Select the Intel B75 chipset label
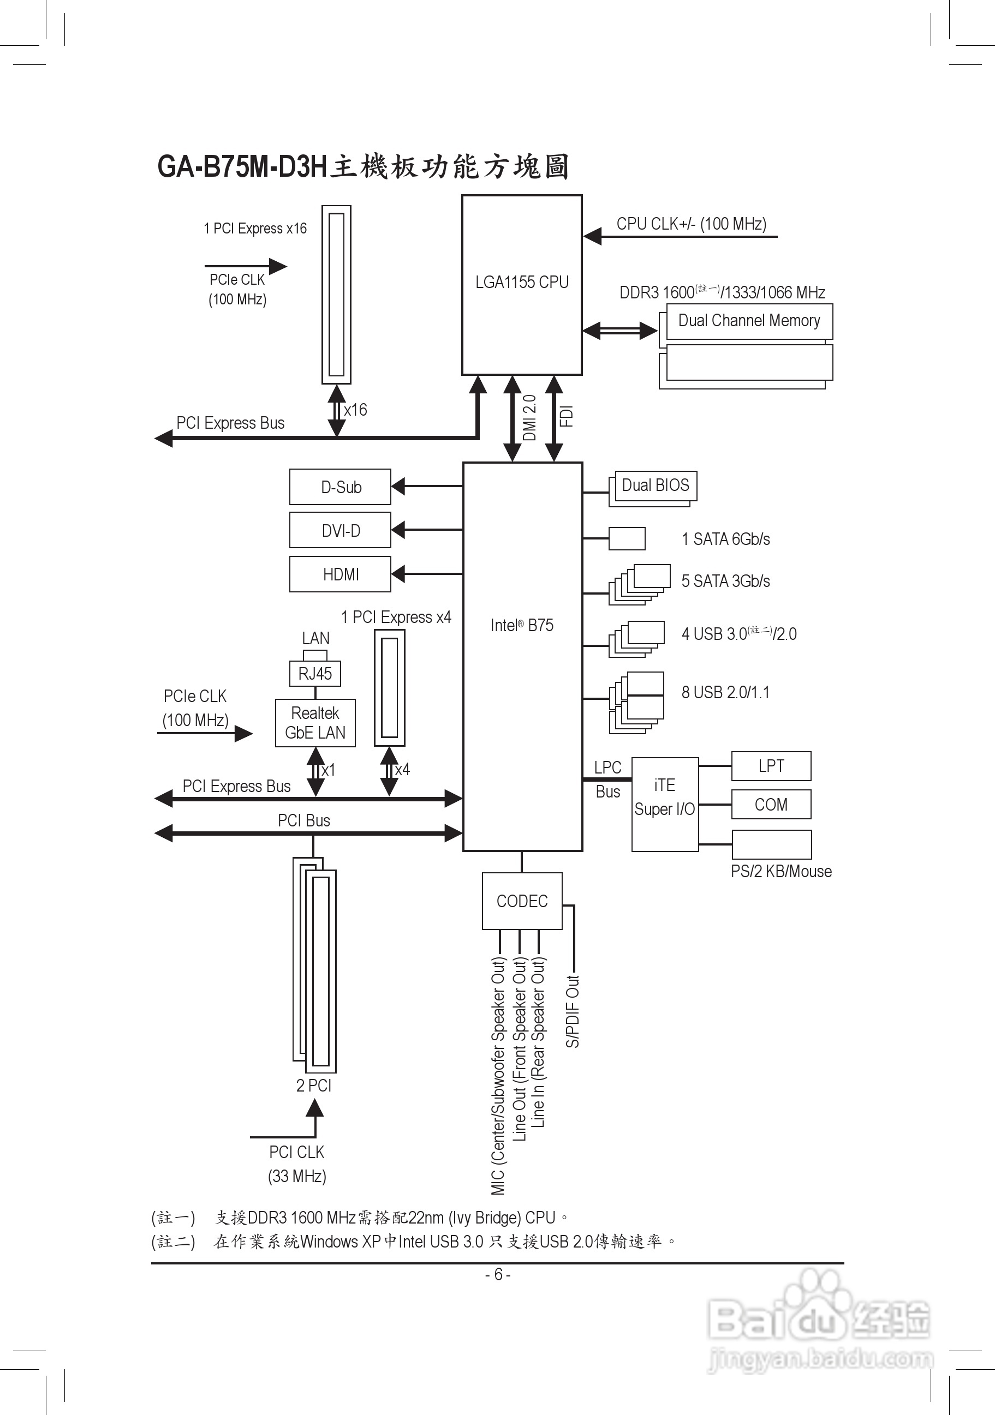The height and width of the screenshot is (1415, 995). pos(522,625)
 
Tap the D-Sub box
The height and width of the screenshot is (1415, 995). pos(340,487)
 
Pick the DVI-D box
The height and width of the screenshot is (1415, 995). pos(340,530)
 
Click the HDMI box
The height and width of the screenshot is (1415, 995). pos(340,574)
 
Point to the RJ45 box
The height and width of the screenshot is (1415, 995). pos(315,674)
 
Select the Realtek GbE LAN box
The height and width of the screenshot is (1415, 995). pos(315,723)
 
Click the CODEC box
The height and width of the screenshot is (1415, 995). pos(522,901)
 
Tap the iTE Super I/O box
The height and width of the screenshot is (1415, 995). pos(665,798)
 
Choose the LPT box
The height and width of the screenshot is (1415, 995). pos(771,766)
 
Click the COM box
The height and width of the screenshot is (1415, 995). pos(771,804)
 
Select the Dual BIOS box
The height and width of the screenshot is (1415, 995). pos(656,485)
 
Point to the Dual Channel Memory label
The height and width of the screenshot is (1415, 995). pos(749,320)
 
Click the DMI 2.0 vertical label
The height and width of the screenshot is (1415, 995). pos(529,418)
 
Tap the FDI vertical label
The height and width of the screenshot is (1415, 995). pos(567,417)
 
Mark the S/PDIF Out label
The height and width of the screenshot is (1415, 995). pos(573,1011)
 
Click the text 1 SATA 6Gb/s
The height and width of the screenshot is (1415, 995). pos(725,539)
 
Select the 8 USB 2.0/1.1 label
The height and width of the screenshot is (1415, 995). pos(725,693)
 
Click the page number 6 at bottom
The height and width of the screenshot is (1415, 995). pos(498,1274)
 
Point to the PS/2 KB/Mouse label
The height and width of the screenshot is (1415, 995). pos(781,872)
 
